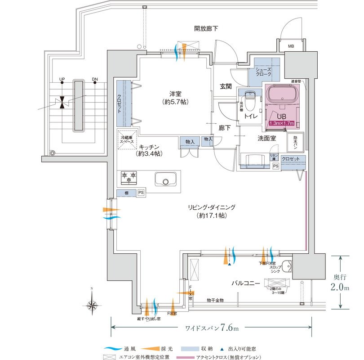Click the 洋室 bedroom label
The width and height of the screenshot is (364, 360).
pyautogui.click(x=175, y=94)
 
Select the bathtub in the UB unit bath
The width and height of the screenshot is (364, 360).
pyautogui.click(x=282, y=95)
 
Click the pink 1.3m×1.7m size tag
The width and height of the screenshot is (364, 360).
pyautogui.click(x=282, y=123)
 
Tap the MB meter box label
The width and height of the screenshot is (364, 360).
pyautogui.click(x=291, y=46)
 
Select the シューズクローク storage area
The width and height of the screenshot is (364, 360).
pyautogui.click(x=264, y=72)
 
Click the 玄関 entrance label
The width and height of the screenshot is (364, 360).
pyautogui.click(x=226, y=86)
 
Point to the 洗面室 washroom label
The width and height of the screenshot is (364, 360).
pyautogui.click(x=266, y=139)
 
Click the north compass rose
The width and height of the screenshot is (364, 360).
pyautogui.click(x=92, y=305)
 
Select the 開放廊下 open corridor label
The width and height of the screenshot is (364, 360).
pyautogui.click(x=206, y=28)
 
